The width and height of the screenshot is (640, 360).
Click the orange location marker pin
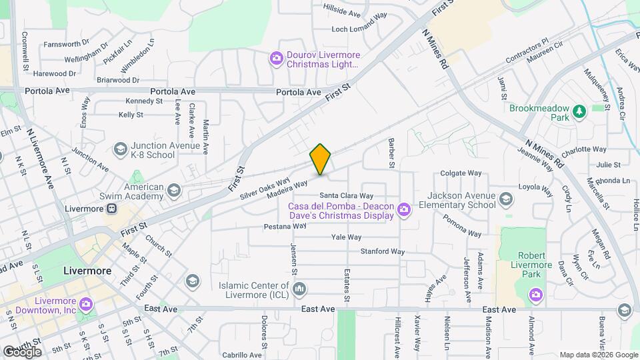click(x=321, y=159)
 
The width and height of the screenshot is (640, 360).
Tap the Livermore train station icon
click(x=112, y=208)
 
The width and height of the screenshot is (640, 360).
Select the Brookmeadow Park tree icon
click(x=579, y=112)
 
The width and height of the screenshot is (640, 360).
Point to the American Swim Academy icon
click(x=173, y=191)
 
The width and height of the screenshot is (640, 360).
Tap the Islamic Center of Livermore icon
click(x=299, y=289)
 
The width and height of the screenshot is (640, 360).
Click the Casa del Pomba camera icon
click(x=403, y=211)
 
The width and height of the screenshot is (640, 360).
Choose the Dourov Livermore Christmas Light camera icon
click(x=276, y=59)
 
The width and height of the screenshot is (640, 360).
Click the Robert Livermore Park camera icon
click(x=535, y=294)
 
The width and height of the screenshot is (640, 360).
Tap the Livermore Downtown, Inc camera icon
click(x=85, y=305)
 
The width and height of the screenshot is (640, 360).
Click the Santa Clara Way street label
click(x=366, y=196)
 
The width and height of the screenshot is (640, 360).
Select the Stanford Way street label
click(x=383, y=251)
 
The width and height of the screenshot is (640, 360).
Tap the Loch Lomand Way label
click(x=359, y=29)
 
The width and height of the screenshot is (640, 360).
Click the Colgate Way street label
click(x=461, y=173)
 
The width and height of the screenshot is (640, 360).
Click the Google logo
click(x=23, y=351)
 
